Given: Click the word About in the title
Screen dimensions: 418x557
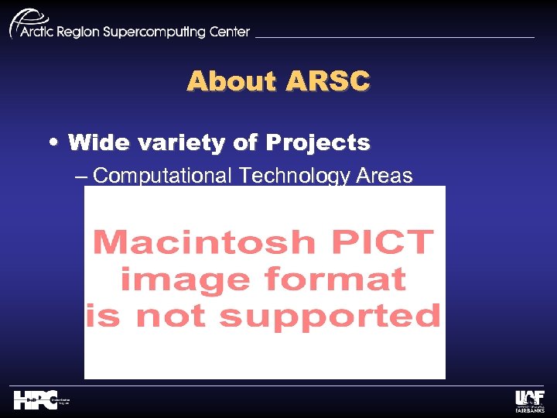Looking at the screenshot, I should (x=230, y=81).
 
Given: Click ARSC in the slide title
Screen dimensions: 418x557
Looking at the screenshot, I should (x=327, y=81).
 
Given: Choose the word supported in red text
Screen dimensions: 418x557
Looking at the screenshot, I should (x=330, y=315).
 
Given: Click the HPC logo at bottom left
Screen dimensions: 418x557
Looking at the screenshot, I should (x=36, y=400).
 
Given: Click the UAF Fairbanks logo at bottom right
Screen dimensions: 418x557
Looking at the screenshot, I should (x=529, y=400).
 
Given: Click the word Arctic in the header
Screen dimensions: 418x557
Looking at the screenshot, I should (x=39, y=33).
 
